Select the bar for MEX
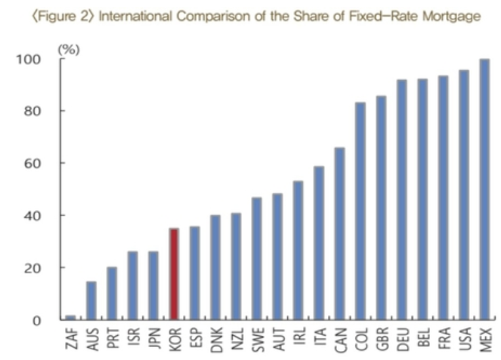tap(485, 190)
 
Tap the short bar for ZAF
tap(71, 317)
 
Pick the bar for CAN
tap(340, 233)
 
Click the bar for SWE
tap(257, 258)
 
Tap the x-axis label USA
tap(464, 339)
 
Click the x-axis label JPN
tap(153, 339)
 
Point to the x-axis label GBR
tap(381, 339)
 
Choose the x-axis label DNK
tap(216, 339)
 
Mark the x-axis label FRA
tap(443, 339)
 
